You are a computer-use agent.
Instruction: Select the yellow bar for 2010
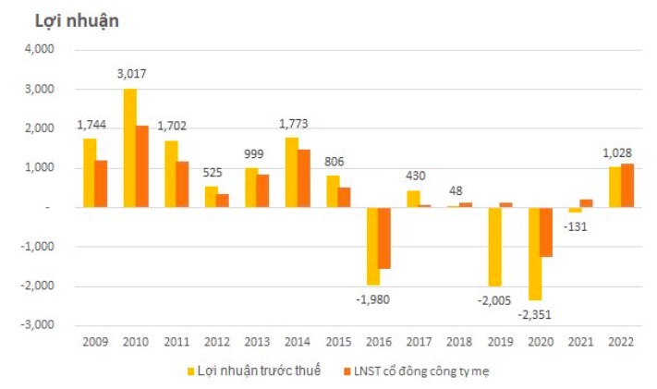tap(130, 148)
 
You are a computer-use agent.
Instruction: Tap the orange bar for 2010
tap(142, 166)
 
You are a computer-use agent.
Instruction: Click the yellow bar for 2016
tap(372, 246)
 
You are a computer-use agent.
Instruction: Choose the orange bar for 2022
tap(627, 186)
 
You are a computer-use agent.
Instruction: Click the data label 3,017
tap(130, 74)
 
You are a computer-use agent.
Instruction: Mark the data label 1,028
tap(620, 151)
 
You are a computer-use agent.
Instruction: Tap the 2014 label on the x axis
tap(298, 343)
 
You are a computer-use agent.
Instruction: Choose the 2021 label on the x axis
tap(581, 343)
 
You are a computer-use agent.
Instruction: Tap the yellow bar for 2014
tap(292, 172)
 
